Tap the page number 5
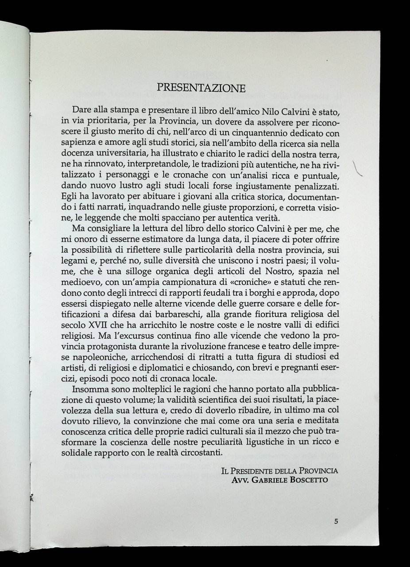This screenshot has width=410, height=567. click(337, 522)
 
